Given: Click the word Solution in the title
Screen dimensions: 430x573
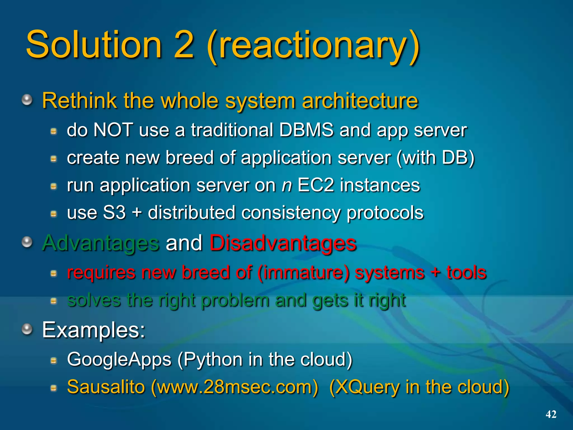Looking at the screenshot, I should coord(94,45).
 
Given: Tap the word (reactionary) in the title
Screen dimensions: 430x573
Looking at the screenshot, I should coord(313,46).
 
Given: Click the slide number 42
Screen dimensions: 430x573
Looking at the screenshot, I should coord(551,414).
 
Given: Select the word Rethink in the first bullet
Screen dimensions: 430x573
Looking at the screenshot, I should coord(79,101).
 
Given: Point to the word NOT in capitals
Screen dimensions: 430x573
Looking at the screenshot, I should coord(113,130).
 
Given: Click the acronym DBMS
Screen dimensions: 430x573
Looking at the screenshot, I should coord(306,130).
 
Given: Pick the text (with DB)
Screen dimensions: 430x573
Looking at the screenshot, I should coord(435,158).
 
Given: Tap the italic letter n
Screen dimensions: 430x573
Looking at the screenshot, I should coord(286,186).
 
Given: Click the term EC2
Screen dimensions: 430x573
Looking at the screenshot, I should coord(316,185).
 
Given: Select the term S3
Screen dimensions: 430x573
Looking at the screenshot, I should coord(114,212).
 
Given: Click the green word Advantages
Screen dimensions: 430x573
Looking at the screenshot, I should coord(101,243).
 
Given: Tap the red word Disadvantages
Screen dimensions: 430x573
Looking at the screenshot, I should coord(283,243).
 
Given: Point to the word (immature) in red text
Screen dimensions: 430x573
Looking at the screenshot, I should coord(303,273).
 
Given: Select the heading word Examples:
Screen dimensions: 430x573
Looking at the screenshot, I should coord(94,330).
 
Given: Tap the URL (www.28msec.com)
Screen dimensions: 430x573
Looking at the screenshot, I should coord(234,387).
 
